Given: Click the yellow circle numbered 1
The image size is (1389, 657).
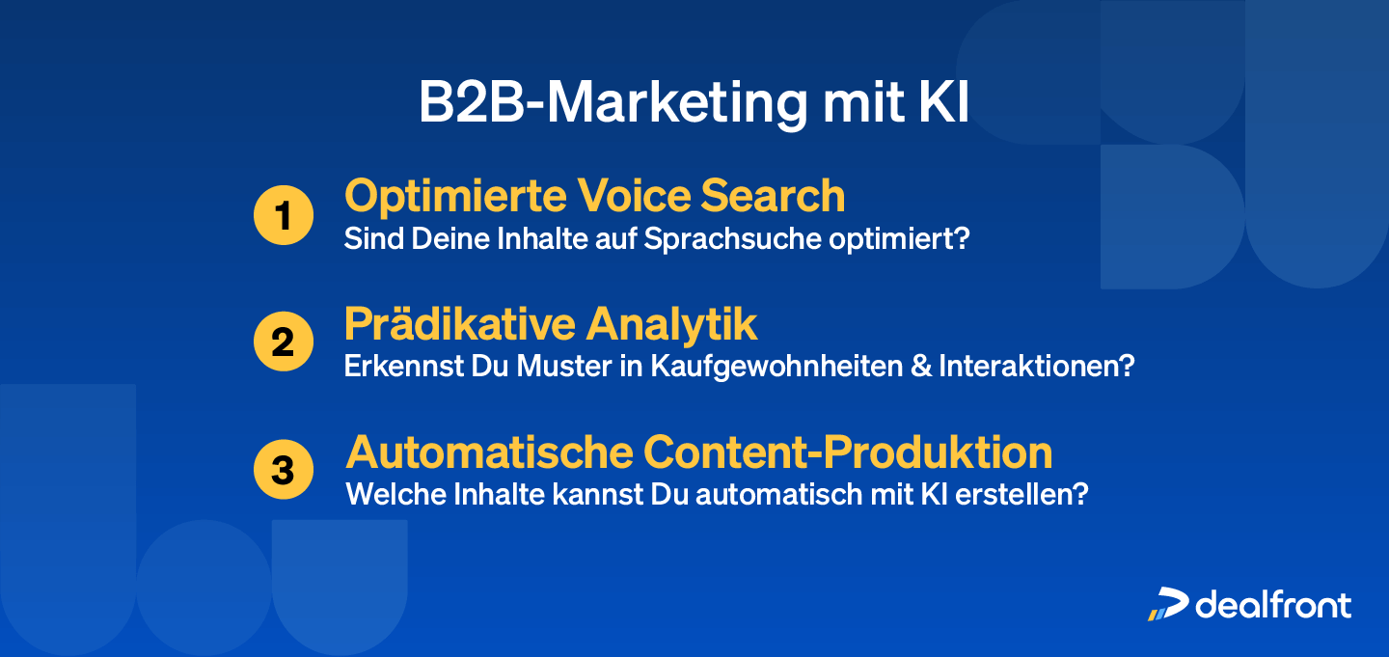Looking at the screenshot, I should [283, 215].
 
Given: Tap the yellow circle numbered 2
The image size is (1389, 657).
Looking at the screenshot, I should [283, 342].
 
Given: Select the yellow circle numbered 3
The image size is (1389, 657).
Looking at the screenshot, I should [283, 470].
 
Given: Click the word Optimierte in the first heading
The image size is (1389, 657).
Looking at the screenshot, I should [455, 196].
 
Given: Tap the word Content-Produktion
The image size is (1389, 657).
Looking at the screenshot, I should [848, 452].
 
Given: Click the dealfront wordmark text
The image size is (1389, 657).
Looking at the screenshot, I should [1273, 605].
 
